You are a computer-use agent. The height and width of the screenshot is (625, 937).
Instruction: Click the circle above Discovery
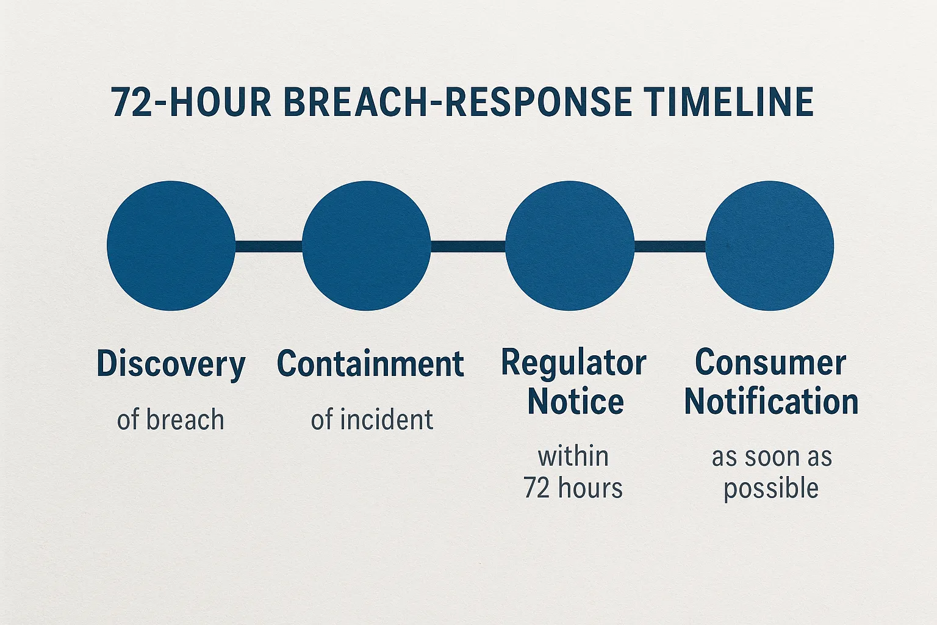(x=171, y=245)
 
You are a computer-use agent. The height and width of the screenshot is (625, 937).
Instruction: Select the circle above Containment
(x=366, y=245)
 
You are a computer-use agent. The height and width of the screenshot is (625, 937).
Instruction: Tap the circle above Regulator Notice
(x=570, y=245)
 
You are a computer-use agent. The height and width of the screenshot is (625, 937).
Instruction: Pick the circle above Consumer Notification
(x=770, y=245)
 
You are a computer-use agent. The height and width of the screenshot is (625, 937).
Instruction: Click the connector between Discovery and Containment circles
(x=268, y=246)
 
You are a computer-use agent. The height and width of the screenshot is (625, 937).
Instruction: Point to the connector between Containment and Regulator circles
(x=468, y=246)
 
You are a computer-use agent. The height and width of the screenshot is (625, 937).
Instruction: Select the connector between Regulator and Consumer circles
(x=670, y=246)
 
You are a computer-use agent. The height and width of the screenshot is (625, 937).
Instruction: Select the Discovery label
(x=171, y=364)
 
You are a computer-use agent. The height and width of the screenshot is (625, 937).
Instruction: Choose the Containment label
(x=370, y=364)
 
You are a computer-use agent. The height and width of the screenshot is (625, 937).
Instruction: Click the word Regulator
(x=573, y=364)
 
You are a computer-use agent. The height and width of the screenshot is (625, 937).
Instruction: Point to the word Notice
(x=575, y=402)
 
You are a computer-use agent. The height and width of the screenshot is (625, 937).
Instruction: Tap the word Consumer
(x=770, y=363)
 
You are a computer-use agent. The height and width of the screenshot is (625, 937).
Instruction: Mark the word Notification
(x=771, y=402)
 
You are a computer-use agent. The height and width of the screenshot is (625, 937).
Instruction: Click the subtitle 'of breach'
(x=171, y=420)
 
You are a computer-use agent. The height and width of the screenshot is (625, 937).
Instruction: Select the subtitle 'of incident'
(x=372, y=420)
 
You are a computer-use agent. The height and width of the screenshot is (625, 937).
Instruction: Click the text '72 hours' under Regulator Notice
(x=573, y=488)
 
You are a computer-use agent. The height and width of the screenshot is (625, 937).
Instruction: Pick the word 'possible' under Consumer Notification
(x=771, y=489)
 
